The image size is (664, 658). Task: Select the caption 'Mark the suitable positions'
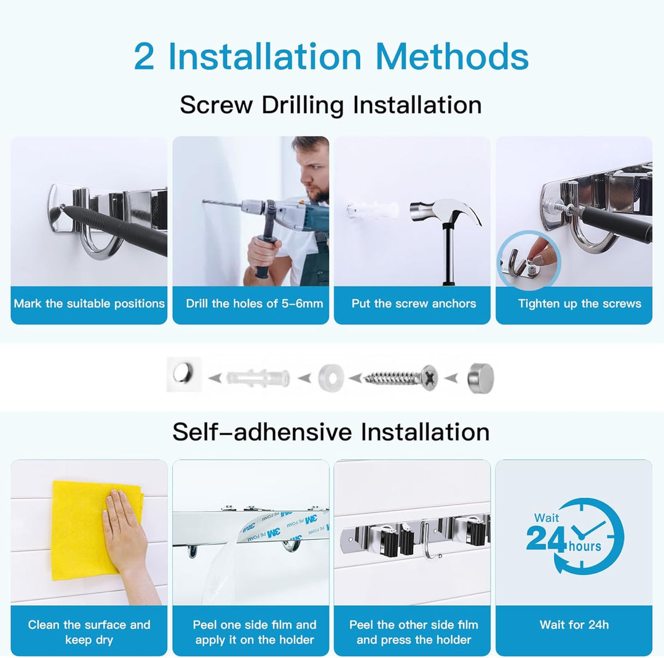tap(89, 304)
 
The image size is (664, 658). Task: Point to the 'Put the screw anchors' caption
tap(413, 304)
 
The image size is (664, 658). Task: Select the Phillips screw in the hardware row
tap(400, 377)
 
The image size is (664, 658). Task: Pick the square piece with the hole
tap(184, 374)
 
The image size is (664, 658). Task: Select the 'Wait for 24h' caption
tap(574, 625)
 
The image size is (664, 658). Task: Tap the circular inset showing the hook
tap(529, 259)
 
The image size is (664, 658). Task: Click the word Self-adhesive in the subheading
tap(261, 432)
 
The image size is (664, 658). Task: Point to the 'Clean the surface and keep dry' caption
tap(89, 632)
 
